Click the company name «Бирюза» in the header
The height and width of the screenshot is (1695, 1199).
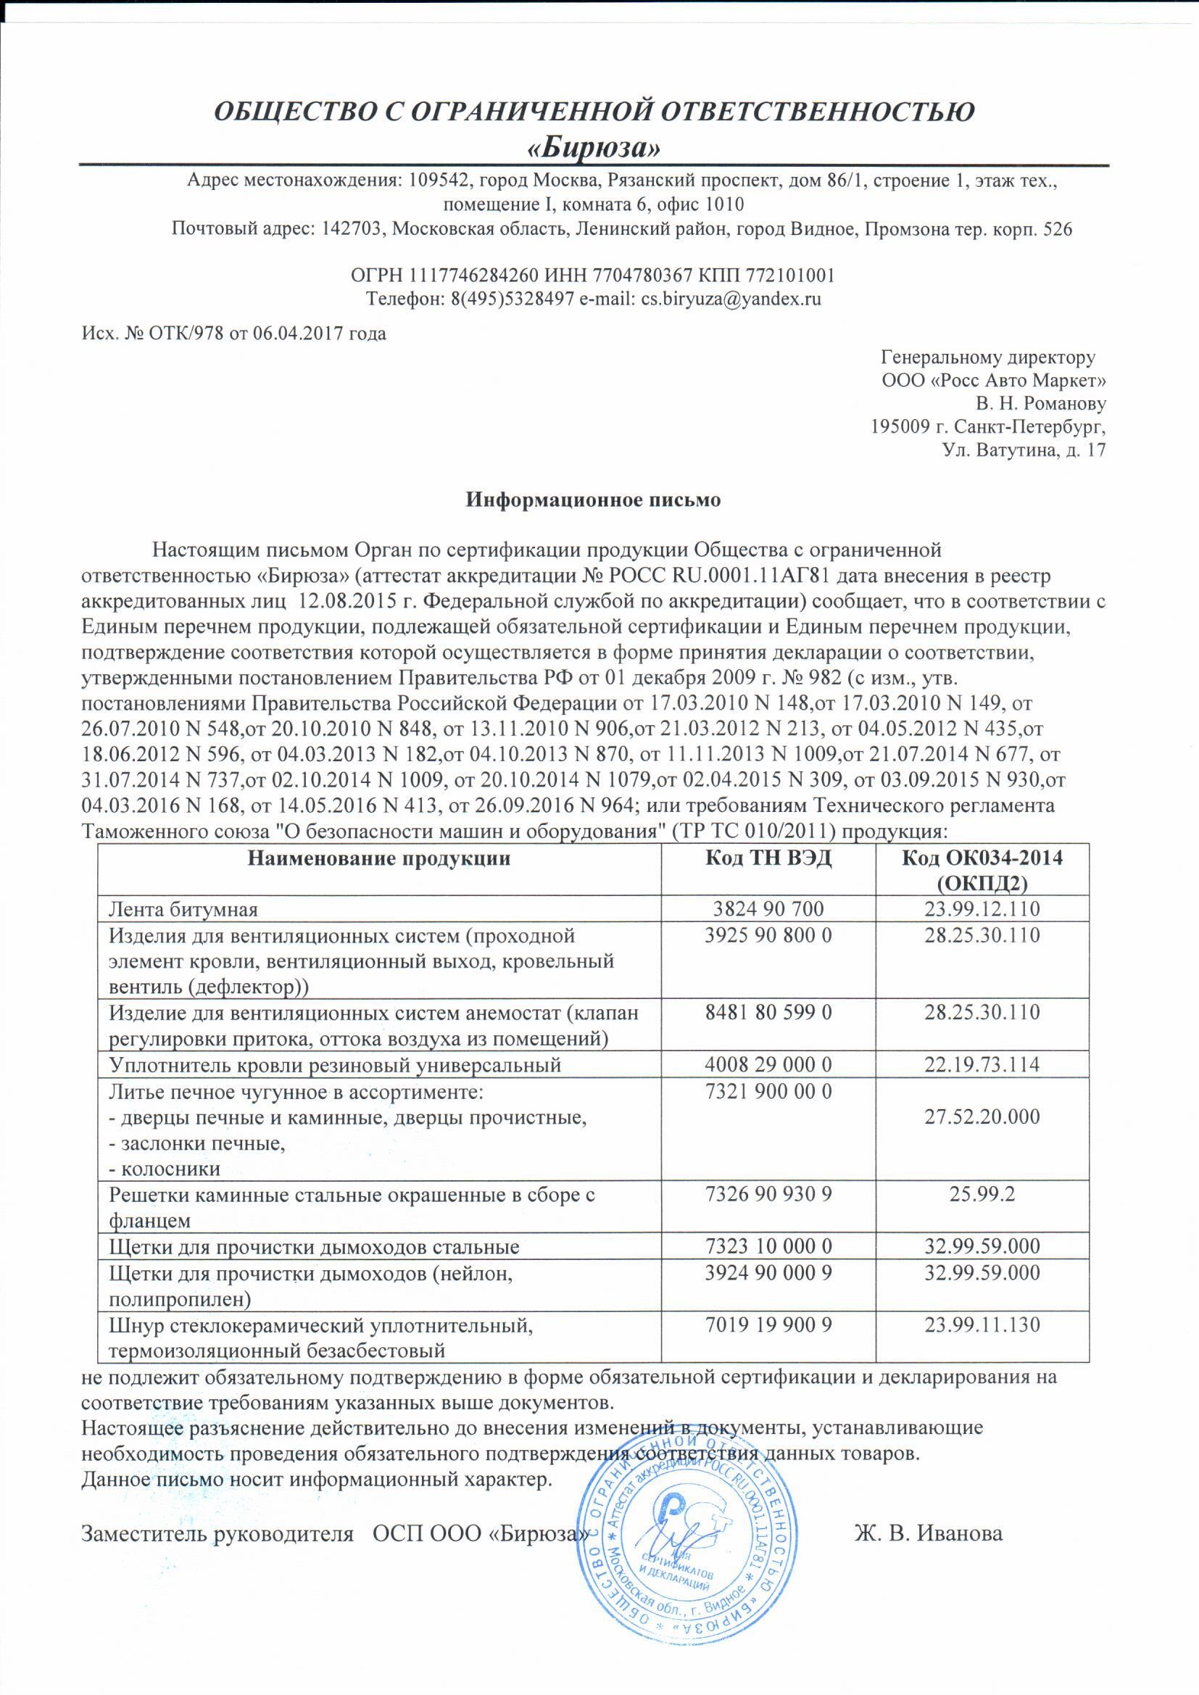[x=594, y=148]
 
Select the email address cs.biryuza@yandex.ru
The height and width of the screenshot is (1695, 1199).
[x=731, y=299]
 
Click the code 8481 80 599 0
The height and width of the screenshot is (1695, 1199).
[x=768, y=1012]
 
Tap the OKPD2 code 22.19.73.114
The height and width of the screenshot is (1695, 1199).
[x=982, y=1064]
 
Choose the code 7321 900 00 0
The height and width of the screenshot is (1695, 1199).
[x=768, y=1090]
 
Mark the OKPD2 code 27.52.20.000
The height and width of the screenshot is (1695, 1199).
[x=982, y=1116]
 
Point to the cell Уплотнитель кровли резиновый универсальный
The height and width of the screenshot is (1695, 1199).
[x=335, y=1064]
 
